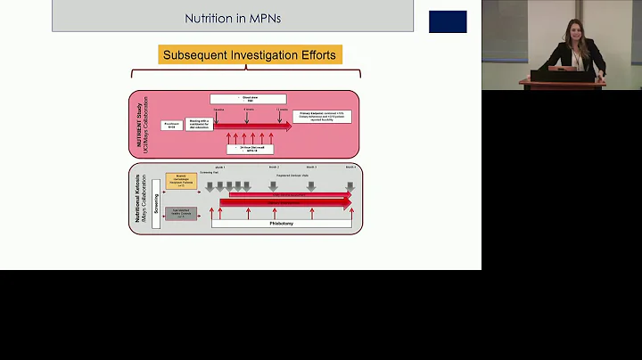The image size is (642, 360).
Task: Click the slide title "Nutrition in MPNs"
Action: coord(233,17)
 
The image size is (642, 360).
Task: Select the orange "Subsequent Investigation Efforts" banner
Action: coord(250,55)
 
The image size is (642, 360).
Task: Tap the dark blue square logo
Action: coord(448,21)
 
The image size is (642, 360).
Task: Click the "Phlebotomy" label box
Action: coord(281,223)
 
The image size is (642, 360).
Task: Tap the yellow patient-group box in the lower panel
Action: coord(181,183)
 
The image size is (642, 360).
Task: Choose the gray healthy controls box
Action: coord(181,213)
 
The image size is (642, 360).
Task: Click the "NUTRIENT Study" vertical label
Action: coord(138,124)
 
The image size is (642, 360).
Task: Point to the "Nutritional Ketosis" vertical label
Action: coord(138,198)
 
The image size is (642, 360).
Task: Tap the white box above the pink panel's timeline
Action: coord(251,99)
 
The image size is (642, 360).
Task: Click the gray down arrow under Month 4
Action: coord(350,186)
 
